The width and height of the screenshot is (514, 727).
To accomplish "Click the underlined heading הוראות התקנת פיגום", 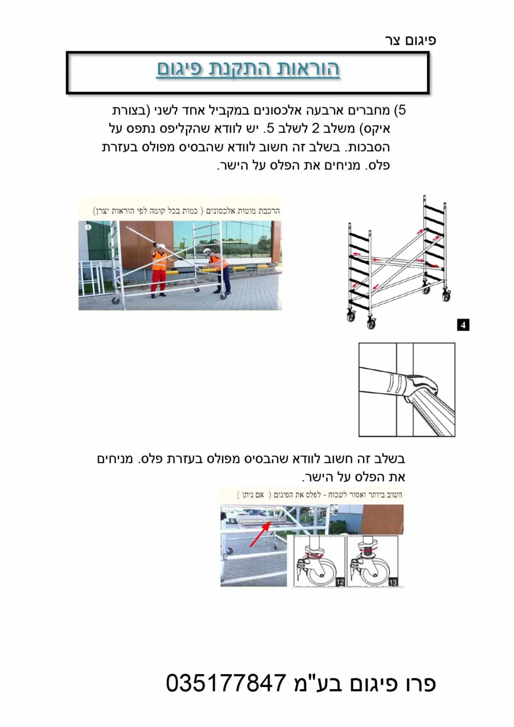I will tap(248, 69).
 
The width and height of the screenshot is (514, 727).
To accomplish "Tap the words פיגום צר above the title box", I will tap(410, 40).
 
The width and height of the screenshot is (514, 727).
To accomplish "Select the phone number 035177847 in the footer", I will tap(226, 683).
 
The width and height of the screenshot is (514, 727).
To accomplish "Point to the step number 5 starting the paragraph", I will tap(401, 110).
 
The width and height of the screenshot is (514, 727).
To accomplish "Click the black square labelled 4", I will tap(463, 325).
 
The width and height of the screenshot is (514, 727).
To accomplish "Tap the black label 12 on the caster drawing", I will tap(340, 582).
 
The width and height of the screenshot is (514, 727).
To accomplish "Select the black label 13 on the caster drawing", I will tap(393, 582).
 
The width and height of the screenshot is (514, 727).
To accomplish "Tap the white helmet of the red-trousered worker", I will tap(161, 246).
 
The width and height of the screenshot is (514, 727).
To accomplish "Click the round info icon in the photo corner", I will tap(88, 227).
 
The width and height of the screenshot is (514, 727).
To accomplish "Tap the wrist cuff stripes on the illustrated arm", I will tap(394, 383).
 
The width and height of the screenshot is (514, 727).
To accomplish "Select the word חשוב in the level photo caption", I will tap(394, 495).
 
